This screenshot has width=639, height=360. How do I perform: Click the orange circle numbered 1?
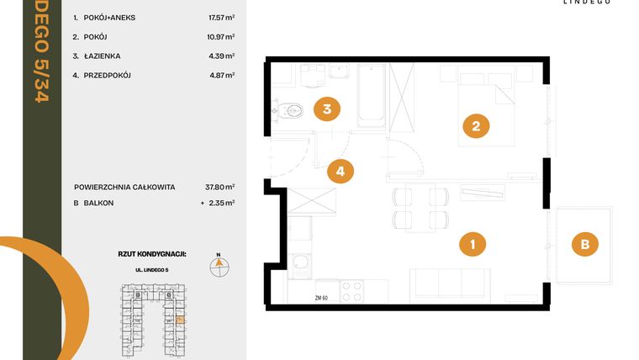click(473, 245)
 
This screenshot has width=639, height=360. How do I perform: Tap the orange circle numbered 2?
click(476, 128)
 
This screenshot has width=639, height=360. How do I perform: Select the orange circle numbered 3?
click(327, 109)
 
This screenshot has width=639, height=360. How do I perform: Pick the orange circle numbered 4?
click(341, 172)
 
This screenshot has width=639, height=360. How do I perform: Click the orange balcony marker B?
click(585, 245)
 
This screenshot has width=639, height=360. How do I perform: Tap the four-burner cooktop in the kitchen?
click(351, 291)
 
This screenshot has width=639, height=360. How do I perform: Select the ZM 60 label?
click(320, 298)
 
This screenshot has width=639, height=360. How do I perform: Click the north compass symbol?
click(218, 266)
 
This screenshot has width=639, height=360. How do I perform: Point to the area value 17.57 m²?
click(221, 17)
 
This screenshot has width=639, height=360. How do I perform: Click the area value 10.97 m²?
click(221, 37)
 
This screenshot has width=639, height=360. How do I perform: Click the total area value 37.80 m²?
click(221, 187)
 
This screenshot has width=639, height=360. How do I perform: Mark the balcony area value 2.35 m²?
click(221, 203)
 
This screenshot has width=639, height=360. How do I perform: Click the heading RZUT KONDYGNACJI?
click(151, 253)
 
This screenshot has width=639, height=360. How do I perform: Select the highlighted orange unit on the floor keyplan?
click(180, 320)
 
